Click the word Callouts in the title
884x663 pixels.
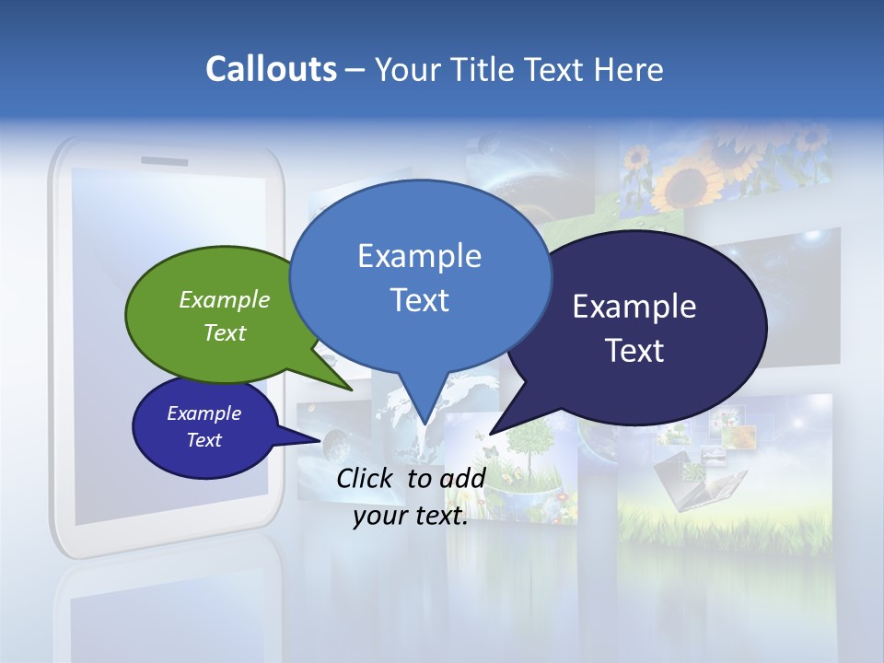[x=271, y=69]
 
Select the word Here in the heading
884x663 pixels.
[x=630, y=70]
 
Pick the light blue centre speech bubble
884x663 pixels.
[x=420, y=276]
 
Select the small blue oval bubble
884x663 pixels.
[x=204, y=427]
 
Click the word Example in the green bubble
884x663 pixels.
[x=225, y=299]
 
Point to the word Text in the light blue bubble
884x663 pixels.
[x=420, y=300]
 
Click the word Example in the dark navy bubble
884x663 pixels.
[x=634, y=307]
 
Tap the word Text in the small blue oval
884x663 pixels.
[x=204, y=440]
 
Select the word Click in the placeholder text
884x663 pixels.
[x=366, y=478]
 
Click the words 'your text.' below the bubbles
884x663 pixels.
[x=411, y=516]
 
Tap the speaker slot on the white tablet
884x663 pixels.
[x=165, y=161]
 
